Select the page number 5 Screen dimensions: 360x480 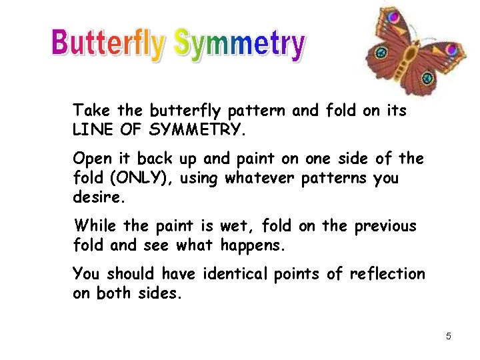[449, 336]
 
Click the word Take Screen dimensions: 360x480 [92, 110]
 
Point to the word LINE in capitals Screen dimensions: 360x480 [92, 129]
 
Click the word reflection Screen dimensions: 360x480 [389, 274]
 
